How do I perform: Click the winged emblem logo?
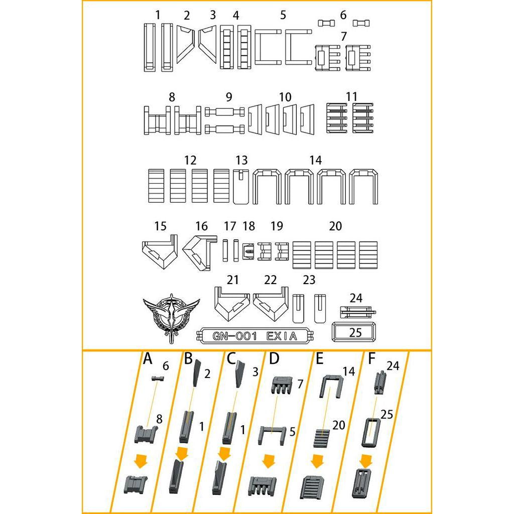click(171, 318)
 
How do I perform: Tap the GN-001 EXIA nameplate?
click(256, 335)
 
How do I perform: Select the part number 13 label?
click(241, 160)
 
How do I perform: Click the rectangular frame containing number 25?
click(354, 332)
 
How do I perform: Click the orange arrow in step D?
click(270, 461)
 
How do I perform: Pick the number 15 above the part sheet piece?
click(160, 226)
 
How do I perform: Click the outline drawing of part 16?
click(199, 251)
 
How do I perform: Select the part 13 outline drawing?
click(241, 186)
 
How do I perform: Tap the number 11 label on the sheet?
click(351, 96)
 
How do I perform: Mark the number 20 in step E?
click(338, 425)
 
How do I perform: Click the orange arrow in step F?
click(366, 460)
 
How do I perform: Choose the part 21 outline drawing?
click(231, 303)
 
